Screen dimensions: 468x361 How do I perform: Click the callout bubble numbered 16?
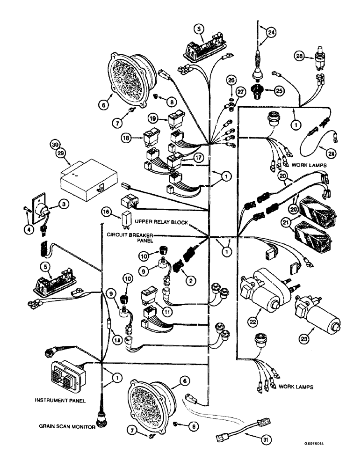coord(107,213)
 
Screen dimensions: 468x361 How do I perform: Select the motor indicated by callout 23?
coord(314,318)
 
